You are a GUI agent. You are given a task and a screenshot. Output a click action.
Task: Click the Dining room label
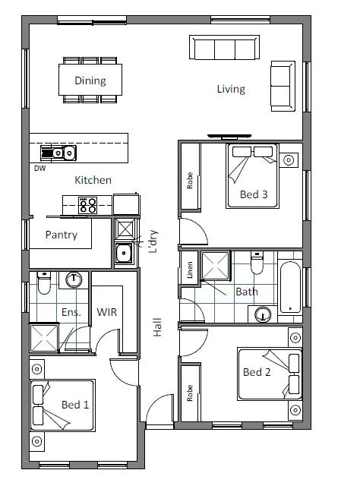90,80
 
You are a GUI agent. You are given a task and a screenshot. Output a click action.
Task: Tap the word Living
231,89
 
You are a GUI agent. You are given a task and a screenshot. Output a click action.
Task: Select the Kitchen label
93,180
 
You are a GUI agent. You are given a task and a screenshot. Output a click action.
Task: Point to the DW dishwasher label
39,169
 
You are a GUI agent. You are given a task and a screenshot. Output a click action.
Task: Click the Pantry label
62,235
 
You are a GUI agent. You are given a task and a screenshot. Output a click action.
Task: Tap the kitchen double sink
58,153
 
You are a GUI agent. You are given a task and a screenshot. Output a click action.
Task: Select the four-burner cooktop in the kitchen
87,205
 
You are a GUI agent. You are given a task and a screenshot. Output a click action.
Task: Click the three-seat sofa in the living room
224,47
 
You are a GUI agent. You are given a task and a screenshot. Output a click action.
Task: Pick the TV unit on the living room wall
229,136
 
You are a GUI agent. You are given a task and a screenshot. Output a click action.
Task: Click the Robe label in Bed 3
190,181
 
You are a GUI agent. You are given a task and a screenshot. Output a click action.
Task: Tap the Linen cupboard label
190,270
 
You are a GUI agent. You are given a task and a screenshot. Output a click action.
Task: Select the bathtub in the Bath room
290,287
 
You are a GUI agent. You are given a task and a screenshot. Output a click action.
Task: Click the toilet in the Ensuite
44,282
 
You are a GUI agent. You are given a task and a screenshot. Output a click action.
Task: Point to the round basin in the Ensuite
74,279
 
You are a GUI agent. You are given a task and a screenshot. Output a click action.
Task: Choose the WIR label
106,312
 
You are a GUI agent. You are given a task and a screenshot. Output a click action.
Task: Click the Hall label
157,327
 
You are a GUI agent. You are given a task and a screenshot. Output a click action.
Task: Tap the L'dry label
153,241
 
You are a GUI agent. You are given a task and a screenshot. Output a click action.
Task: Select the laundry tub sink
124,254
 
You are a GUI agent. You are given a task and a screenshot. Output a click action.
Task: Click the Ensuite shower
44,338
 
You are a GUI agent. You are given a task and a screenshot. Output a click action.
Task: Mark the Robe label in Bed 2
190,393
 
